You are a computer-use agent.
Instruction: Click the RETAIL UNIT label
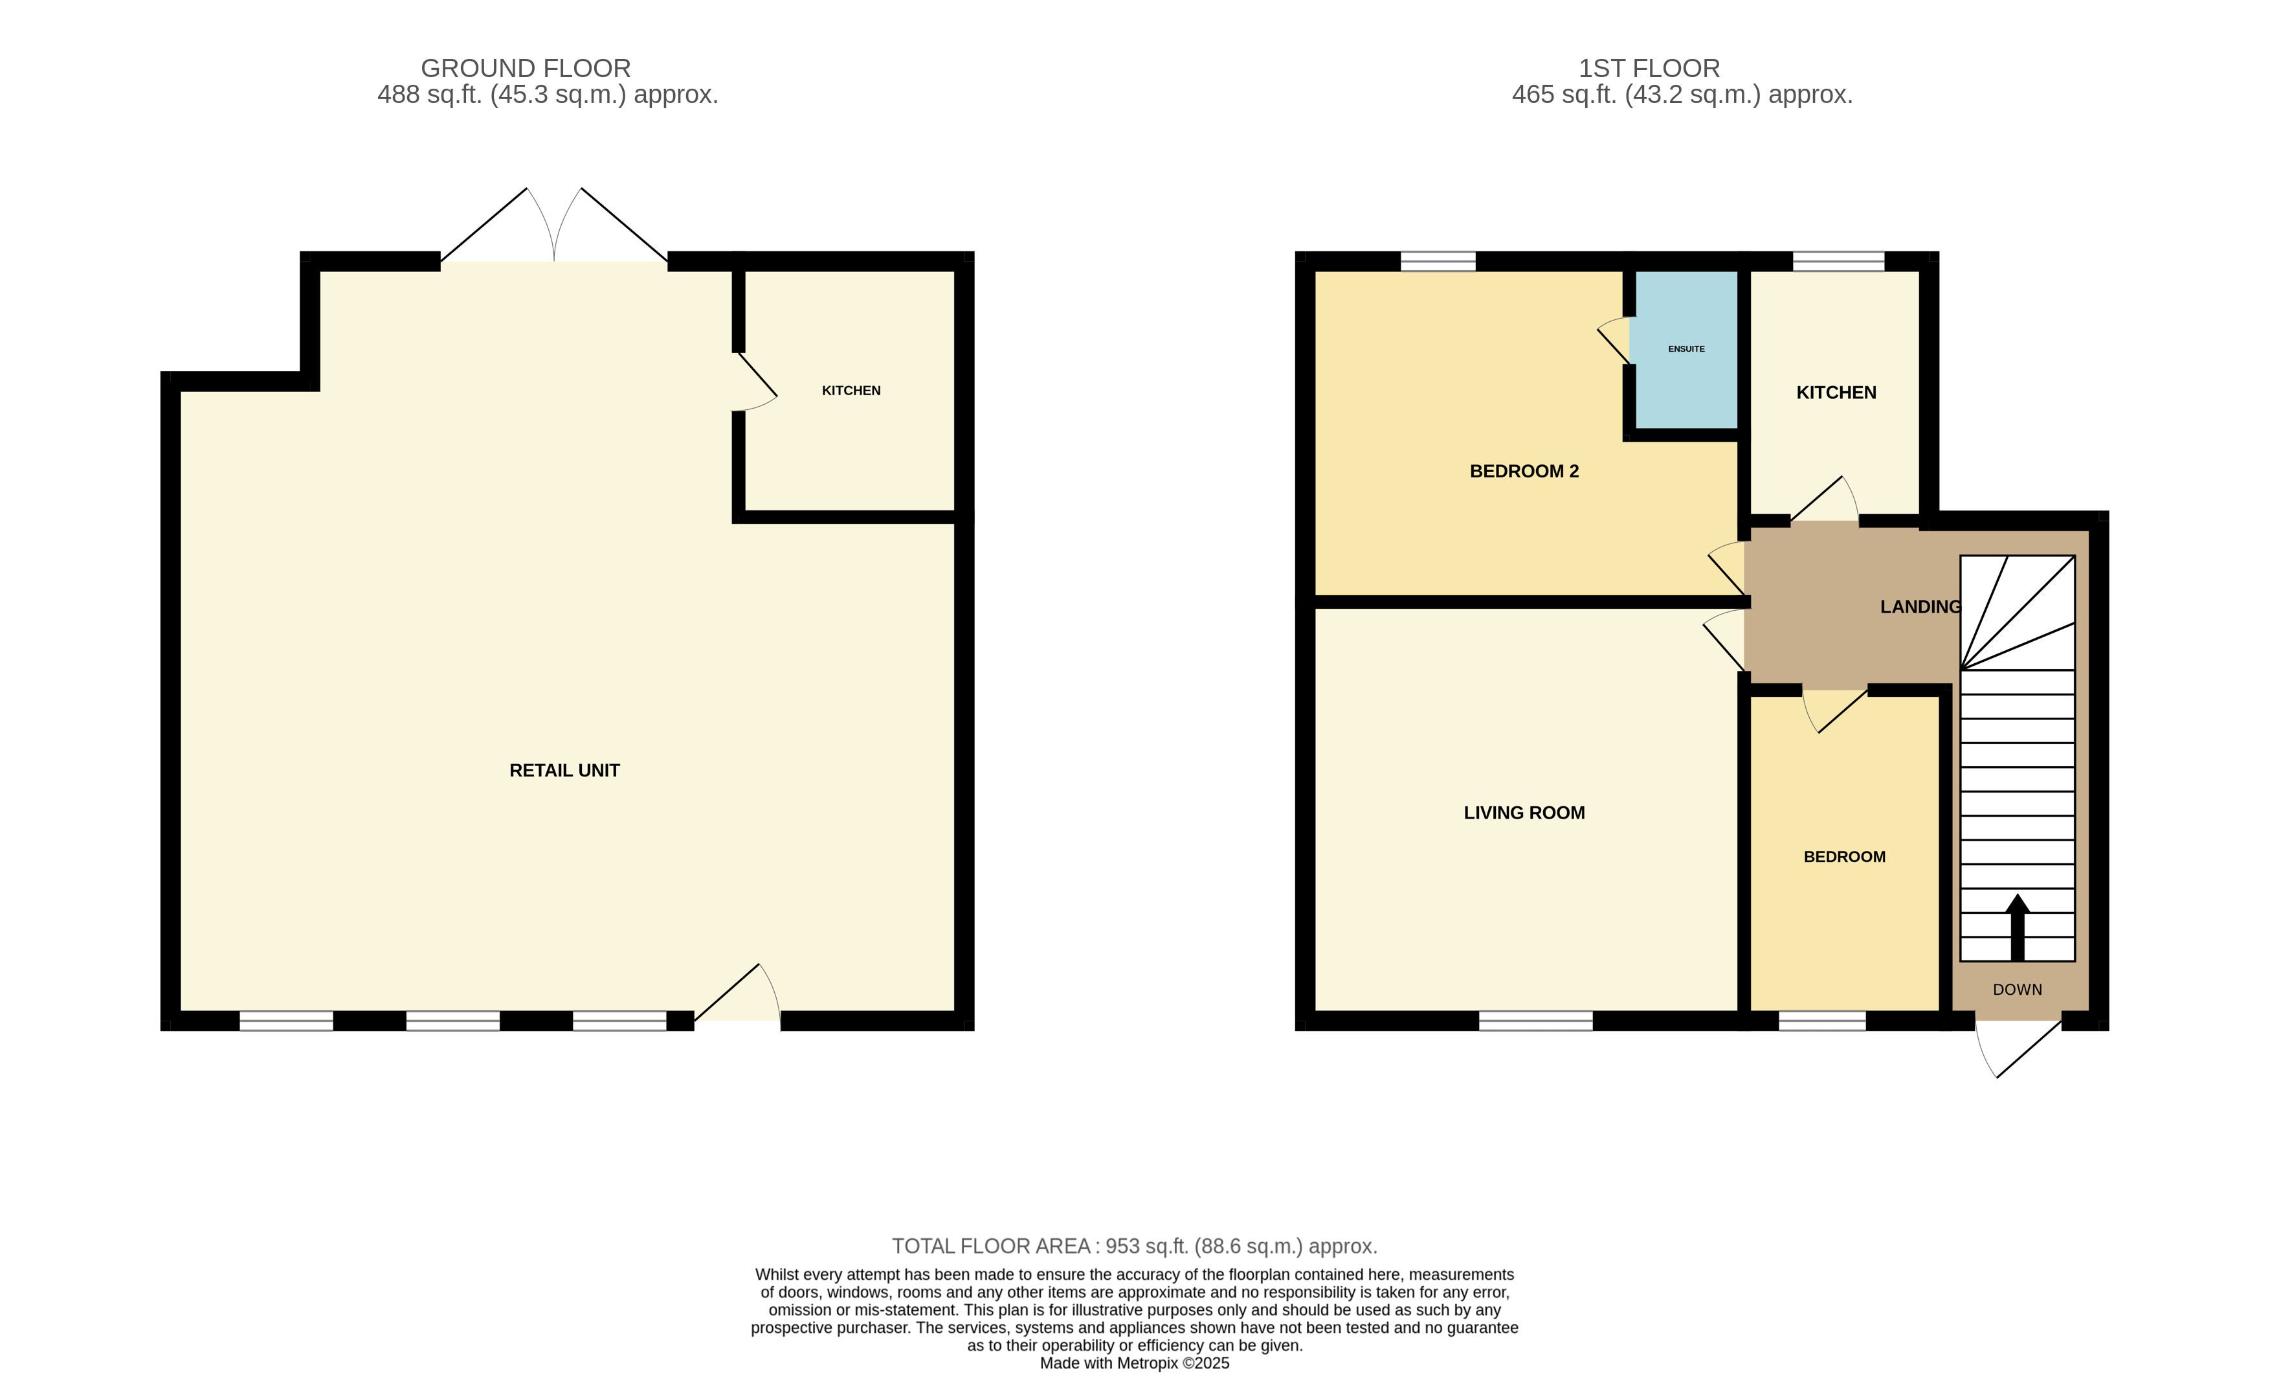point(564,770)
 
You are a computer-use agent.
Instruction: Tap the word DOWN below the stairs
point(2018,990)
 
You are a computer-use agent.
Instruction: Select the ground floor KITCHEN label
point(851,391)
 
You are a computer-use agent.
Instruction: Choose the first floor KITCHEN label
point(1836,392)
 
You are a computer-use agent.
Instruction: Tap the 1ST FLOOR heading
point(1649,68)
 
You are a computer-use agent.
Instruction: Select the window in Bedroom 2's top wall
point(1438,261)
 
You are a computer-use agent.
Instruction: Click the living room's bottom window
point(1536,1021)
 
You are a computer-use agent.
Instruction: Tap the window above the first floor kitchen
point(1839,261)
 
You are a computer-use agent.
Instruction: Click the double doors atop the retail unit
point(553,226)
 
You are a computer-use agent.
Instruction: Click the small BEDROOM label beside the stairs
point(1844,857)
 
